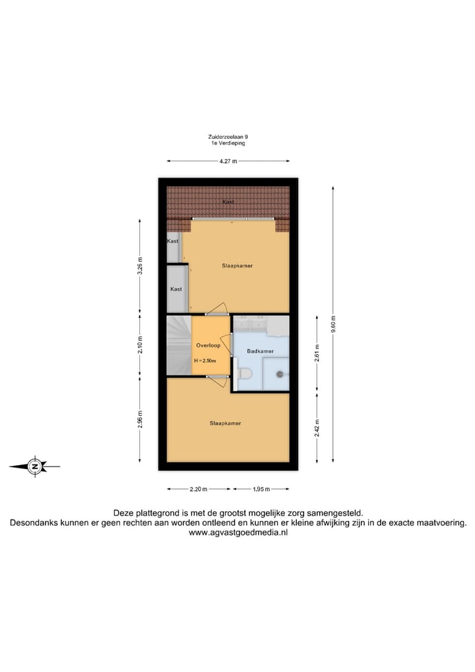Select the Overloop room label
207,346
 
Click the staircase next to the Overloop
178,345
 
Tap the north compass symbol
34,467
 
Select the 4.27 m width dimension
228,160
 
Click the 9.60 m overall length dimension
332,324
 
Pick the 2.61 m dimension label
317,354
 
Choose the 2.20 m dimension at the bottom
199,489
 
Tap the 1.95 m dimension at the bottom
261,489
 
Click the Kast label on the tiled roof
228,202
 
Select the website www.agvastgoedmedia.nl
238,533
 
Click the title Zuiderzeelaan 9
228,137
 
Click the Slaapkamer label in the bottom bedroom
225,423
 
